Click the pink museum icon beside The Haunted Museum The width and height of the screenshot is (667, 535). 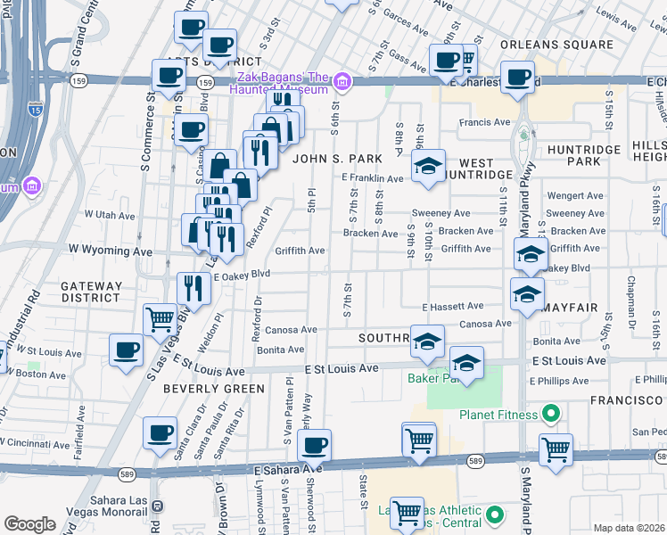pos(342,84)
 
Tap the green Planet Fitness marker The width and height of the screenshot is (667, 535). pos(550,415)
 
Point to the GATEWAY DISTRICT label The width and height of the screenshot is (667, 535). pos(90,292)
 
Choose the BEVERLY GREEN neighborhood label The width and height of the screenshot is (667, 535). pos(213,389)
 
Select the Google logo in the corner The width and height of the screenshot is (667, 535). pos(29,523)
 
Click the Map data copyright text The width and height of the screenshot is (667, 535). pos(630,528)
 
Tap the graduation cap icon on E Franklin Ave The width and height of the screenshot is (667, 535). pos(428,167)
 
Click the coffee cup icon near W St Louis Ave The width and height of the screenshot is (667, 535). pos(126,349)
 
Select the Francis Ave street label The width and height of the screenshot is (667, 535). pos(484,122)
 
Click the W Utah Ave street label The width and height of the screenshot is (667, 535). pos(109,215)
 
